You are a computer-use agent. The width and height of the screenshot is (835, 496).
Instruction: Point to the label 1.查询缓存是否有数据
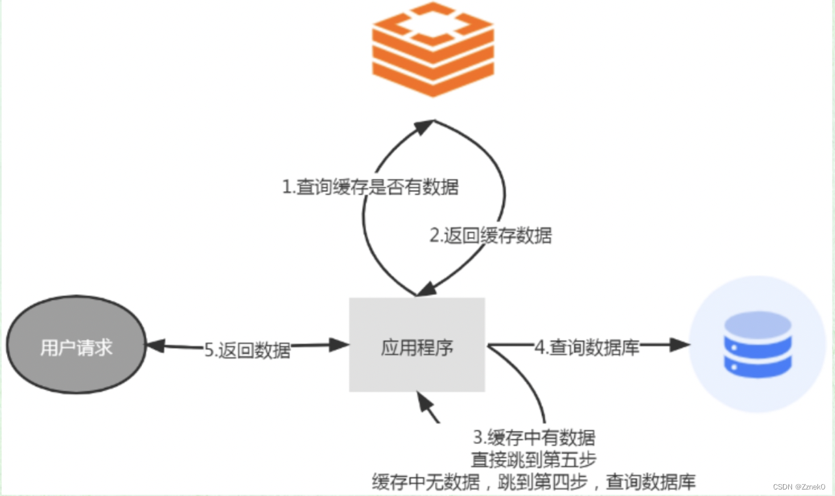pos(370,187)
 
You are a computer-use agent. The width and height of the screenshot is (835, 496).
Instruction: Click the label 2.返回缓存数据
pos(490,236)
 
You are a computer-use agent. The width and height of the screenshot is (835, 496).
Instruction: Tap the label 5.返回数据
pos(248,350)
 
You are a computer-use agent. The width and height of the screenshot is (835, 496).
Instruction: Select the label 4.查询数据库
pos(587,348)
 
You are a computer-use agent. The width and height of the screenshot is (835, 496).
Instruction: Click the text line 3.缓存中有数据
pos(533,436)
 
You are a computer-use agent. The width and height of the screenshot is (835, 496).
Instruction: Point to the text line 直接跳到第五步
pos(533,460)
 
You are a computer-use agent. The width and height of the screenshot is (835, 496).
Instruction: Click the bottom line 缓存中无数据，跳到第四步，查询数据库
pos(533,482)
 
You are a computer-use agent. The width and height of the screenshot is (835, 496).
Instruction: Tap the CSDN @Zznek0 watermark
pos(799,487)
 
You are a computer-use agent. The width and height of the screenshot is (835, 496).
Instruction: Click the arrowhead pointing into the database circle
pos(681,346)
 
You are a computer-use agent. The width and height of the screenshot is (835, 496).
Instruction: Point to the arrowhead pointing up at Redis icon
pos(425,126)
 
